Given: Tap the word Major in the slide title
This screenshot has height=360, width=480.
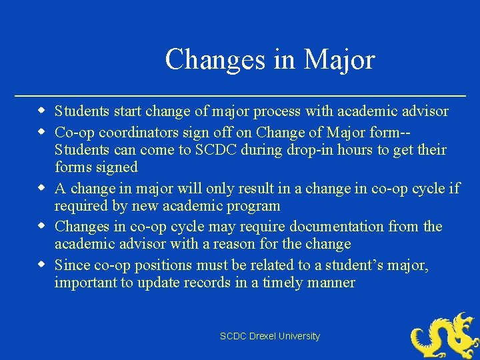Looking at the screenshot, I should pyautogui.click(x=339, y=60).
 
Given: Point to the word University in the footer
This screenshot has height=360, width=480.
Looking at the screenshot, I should pyautogui.click(x=301, y=337).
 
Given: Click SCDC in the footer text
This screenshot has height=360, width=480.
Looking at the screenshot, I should pyautogui.click(x=233, y=337).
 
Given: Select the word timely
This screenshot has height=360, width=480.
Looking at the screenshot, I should pyautogui.click(x=284, y=283).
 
